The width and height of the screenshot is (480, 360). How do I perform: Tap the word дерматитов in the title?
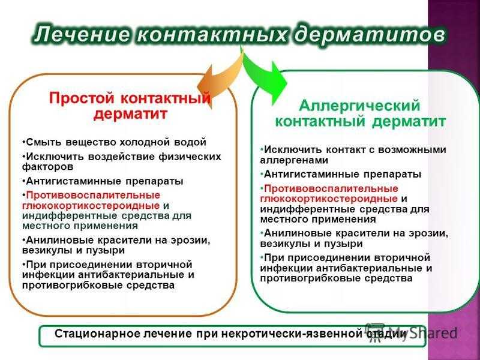click(370, 35)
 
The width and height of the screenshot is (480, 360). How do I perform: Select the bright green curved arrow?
click(264, 77)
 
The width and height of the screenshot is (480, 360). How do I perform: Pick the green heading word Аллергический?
click(359, 106)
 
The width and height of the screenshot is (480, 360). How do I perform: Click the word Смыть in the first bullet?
click(44, 142)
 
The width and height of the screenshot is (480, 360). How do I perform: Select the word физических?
click(190, 157)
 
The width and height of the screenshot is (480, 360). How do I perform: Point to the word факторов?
click(48, 167)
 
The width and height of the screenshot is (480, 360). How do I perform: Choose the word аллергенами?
click(294, 160)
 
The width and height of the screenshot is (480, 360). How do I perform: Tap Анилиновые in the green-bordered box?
click(297, 233)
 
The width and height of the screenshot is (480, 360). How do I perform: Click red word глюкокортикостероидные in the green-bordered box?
click(329, 199)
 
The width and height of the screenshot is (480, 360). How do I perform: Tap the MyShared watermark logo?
click(411, 332)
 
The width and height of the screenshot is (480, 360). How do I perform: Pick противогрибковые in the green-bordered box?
click(309, 278)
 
